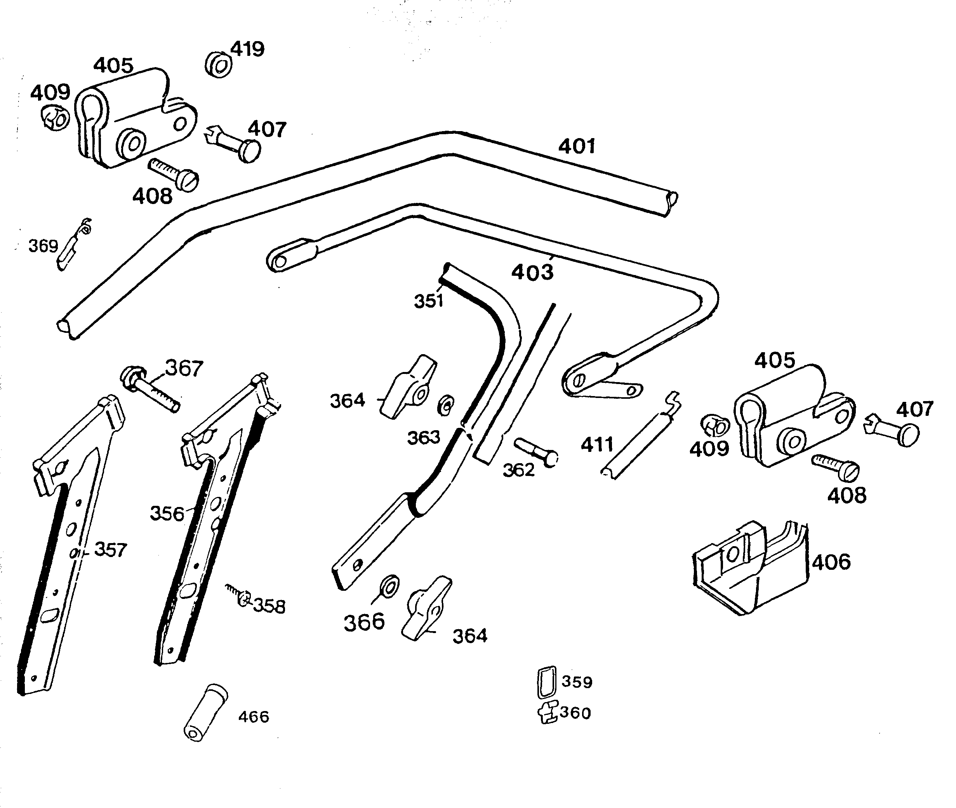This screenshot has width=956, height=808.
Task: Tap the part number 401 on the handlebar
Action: click(x=576, y=146)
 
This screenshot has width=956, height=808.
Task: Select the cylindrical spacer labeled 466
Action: click(x=205, y=712)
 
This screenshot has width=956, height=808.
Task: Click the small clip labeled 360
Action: click(x=548, y=712)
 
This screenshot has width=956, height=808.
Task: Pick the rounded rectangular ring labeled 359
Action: click(x=546, y=682)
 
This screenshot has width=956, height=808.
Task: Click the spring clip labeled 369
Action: click(x=73, y=245)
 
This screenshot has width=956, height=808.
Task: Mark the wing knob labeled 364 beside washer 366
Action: click(x=426, y=608)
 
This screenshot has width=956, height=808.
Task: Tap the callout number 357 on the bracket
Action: click(x=110, y=550)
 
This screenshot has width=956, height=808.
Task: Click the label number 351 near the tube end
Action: click(x=428, y=301)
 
